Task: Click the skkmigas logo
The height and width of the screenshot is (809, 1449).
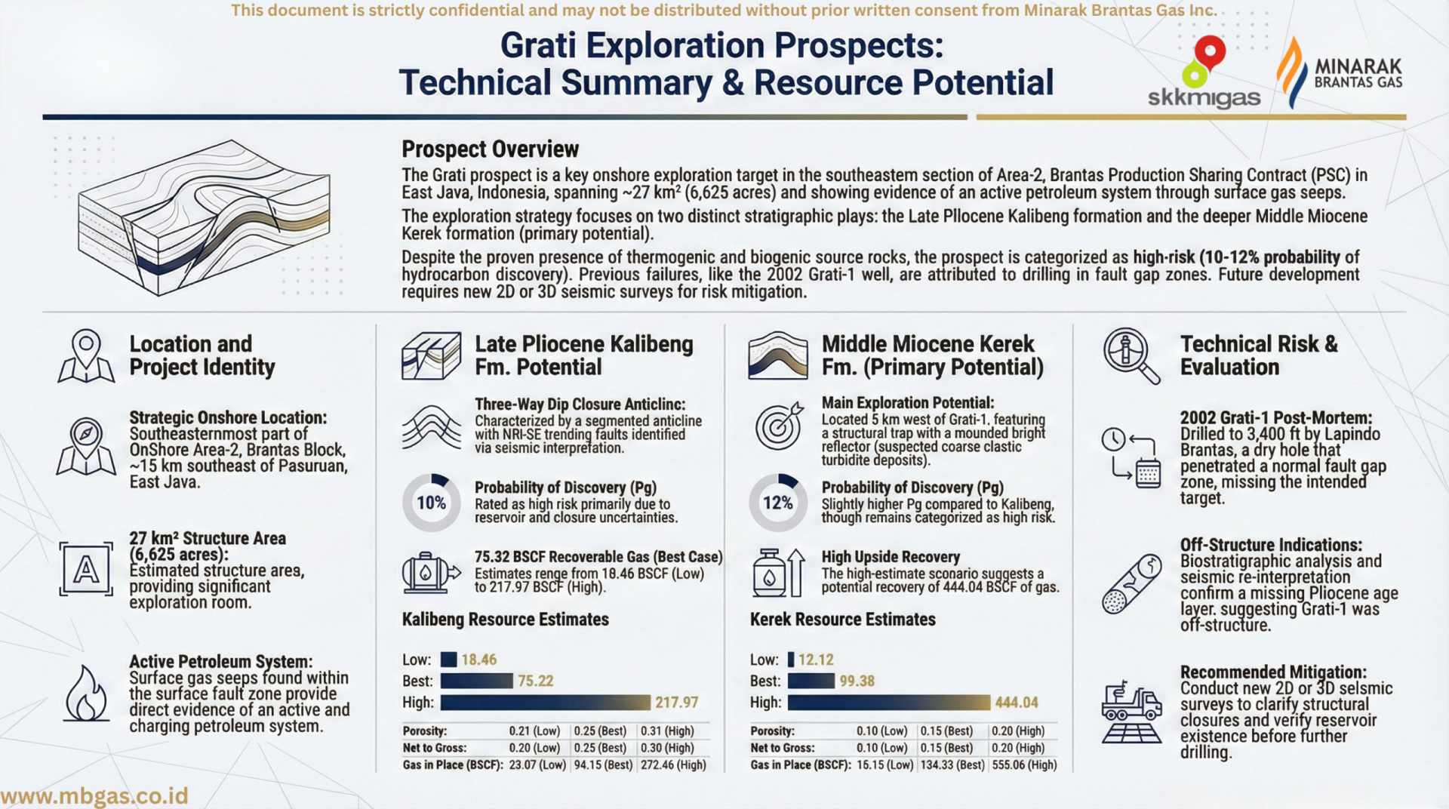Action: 1204,74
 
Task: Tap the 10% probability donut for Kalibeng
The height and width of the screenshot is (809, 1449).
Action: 431,503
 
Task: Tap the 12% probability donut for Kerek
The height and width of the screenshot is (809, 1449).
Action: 777,503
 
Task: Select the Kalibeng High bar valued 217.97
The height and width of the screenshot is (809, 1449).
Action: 545,703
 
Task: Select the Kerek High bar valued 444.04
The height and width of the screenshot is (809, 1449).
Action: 888,703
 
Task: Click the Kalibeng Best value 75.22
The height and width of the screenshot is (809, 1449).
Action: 535,681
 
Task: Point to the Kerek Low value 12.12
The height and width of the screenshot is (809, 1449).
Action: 816,660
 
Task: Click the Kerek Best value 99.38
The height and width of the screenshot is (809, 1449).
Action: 857,681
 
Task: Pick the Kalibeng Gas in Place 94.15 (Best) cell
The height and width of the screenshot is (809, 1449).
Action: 602,764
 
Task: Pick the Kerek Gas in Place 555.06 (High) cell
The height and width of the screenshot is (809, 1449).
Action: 1024,764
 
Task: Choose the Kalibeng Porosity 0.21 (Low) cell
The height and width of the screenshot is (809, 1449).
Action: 534,731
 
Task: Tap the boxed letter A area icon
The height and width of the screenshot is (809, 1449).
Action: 86,570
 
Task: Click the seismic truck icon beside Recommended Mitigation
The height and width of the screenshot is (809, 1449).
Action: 1131,712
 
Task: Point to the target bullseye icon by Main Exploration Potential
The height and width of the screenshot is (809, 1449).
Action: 779,426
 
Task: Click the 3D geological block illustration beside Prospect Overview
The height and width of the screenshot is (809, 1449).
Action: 204,217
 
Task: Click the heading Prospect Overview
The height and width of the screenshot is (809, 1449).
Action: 490,149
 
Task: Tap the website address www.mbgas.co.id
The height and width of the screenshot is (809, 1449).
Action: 94,796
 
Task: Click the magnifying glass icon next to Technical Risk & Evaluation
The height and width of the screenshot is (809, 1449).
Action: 1131,355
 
